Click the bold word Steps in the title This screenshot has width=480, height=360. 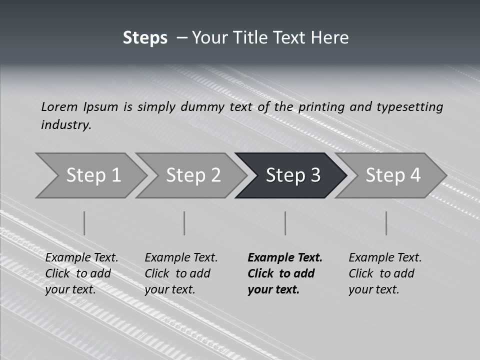point(145,38)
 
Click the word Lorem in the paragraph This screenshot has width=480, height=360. point(59,106)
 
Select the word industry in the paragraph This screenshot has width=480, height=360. point(66,125)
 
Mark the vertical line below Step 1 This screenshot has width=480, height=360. point(84,223)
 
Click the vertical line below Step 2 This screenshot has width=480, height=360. point(184,223)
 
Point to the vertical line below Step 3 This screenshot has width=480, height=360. point(285,223)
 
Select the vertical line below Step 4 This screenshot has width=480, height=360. point(386,223)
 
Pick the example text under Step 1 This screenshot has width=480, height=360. point(81,273)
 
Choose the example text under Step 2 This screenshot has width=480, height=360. point(180,273)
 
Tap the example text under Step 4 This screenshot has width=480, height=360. point(384,273)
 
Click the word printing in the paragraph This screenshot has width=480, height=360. point(321,107)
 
